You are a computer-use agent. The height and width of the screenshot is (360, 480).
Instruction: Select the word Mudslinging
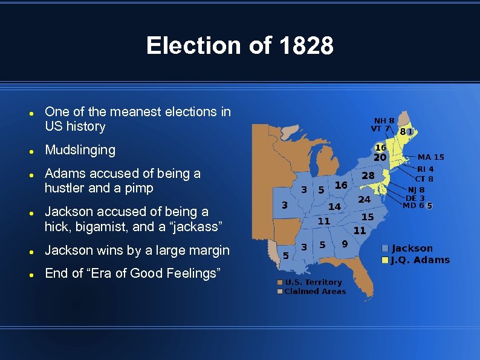80,149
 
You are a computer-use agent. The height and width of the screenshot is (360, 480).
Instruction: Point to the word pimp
141,188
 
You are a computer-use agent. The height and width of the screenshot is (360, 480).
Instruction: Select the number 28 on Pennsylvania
368,175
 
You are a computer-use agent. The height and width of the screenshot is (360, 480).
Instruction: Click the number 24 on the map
364,199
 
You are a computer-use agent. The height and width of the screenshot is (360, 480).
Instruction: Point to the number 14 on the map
334,206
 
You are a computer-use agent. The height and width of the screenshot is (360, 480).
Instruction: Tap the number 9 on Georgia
344,244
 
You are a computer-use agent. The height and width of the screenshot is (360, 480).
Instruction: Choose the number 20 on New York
380,157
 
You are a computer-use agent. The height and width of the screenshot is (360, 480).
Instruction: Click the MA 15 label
430,157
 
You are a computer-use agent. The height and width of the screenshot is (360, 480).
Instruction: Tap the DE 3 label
415,198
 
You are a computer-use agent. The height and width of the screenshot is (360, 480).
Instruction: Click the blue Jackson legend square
384,248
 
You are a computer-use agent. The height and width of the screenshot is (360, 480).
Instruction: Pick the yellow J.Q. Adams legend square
384,260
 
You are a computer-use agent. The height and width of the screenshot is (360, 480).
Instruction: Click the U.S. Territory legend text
313,282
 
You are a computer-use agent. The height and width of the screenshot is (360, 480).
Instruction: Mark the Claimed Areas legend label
315,292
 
